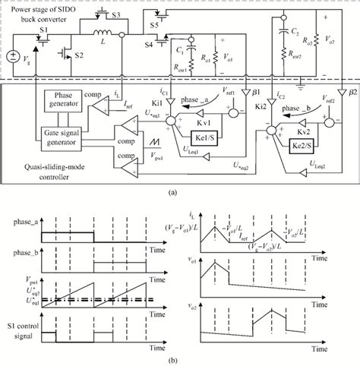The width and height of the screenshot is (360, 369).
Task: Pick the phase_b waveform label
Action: tap(26, 258)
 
